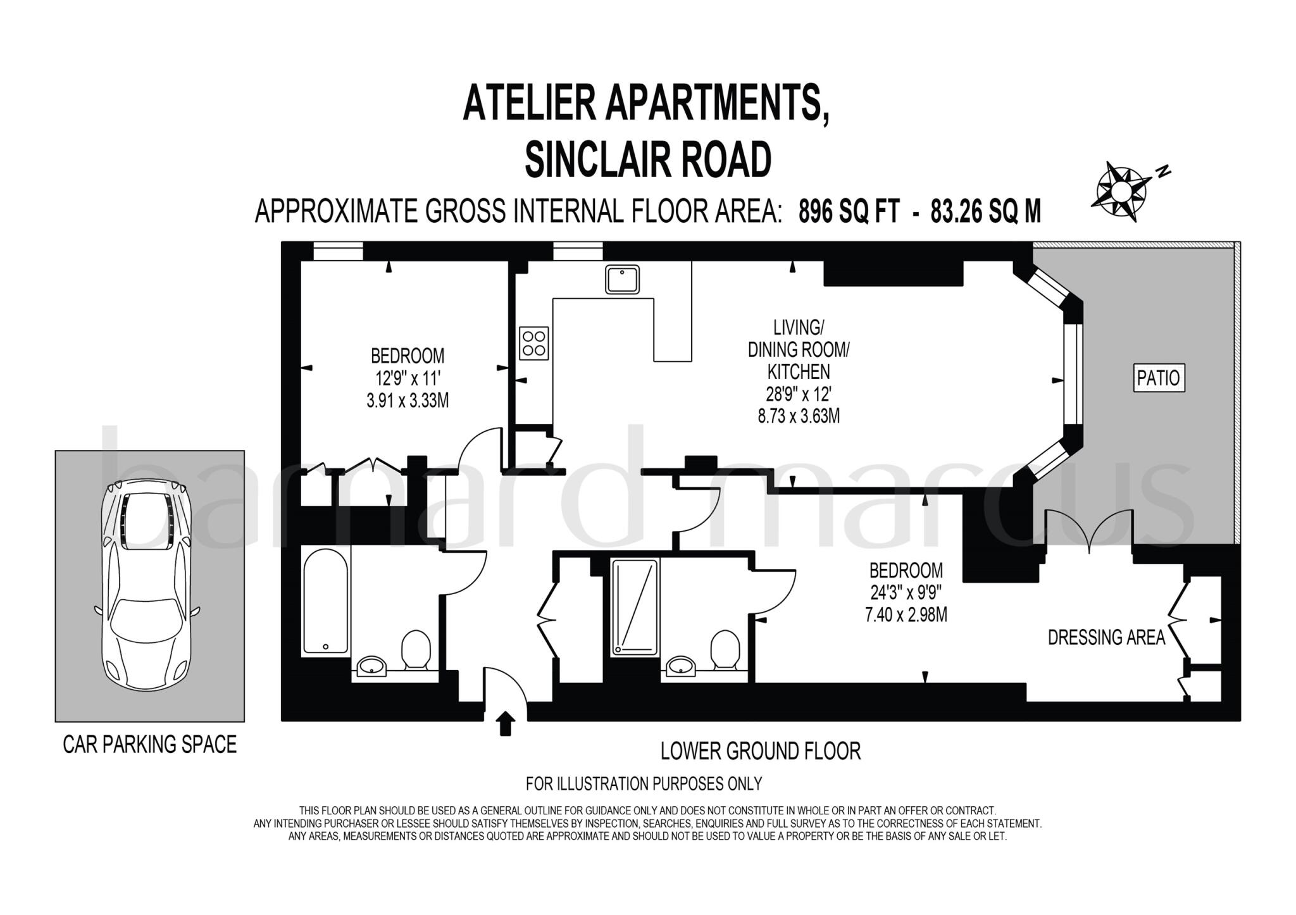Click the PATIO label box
coord(1158,378)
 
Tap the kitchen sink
coord(622,280)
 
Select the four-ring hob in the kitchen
coord(533,343)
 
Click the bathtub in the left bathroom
coord(326,601)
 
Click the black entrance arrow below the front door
coord(504,723)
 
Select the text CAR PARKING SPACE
coord(150,744)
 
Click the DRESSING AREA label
coord(1106,637)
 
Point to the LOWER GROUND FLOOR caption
coord(761,751)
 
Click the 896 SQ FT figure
coord(849,211)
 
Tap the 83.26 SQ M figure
coord(985,211)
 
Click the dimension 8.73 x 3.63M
coord(799,416)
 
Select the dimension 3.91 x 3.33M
coord(408,401)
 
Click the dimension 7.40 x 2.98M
coord(906,614)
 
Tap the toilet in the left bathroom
coord(416,649)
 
